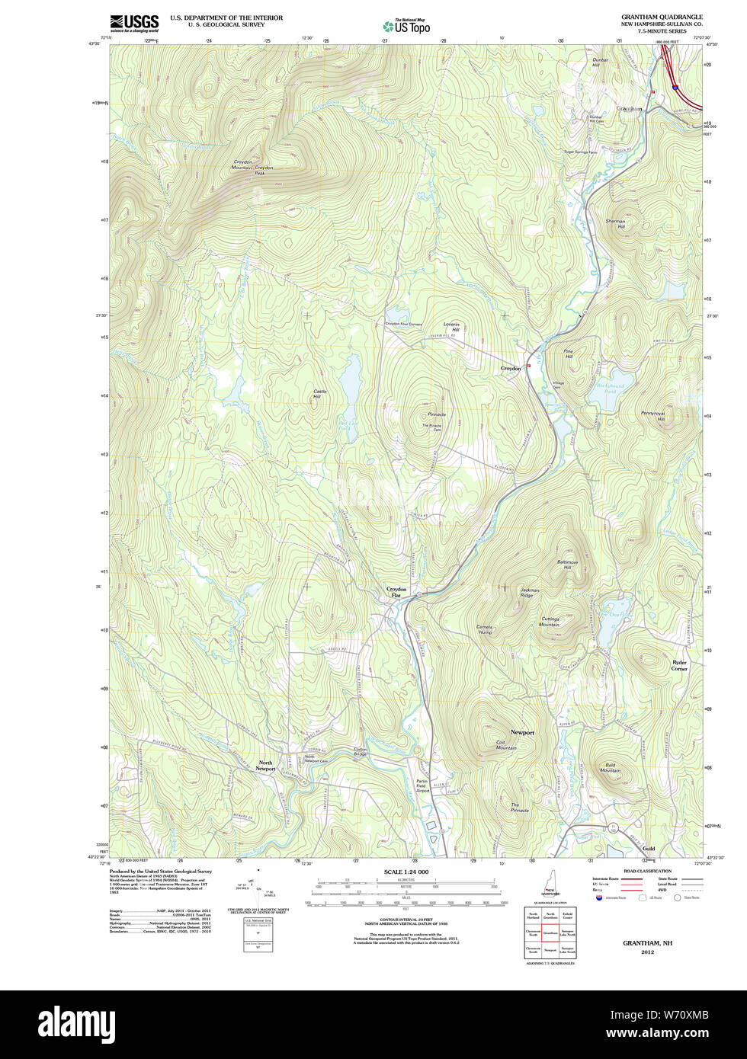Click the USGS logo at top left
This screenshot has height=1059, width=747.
(134, 22)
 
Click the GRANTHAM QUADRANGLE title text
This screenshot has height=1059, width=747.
(661, 17)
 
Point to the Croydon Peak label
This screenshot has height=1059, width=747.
(264, 170)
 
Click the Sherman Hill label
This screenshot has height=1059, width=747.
(615, 224)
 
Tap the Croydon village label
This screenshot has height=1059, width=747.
(510, 368)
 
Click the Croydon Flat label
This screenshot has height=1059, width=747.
(396, 591)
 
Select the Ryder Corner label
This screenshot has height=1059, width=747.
(679, 665)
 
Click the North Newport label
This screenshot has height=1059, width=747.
(266, 766)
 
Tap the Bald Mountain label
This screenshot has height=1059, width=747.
(610, 767)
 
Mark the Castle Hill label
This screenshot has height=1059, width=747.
(318, 394)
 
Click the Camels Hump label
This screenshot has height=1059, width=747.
(485, 629)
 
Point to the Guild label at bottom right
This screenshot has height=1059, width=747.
(648, 848)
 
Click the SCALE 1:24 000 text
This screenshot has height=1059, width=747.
(406, 872)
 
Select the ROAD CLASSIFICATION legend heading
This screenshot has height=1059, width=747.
(647, 871)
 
